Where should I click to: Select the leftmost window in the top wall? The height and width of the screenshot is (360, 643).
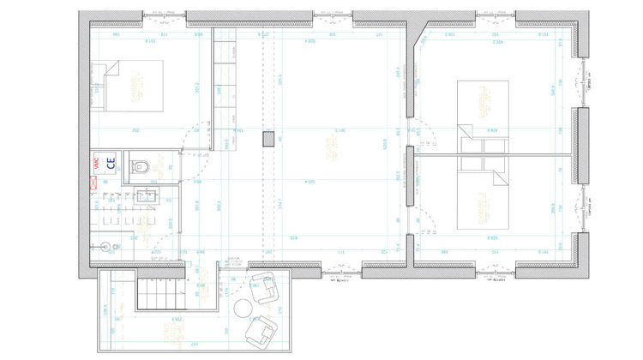pos(164,15)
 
